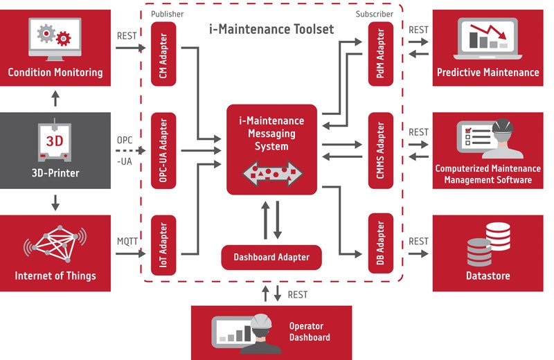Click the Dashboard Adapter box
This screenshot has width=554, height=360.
coord(271,258)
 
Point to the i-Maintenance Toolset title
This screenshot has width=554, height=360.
coord(271,29)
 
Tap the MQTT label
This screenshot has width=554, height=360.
coord(128,242)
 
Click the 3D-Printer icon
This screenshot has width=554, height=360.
coord(55,142)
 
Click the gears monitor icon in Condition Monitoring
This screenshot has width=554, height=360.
coord(55,39)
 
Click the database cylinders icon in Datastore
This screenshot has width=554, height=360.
coord(488,244)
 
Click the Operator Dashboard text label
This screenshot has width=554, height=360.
coord(306,332)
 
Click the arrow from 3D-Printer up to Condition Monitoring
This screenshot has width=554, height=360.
coord(55,98)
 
